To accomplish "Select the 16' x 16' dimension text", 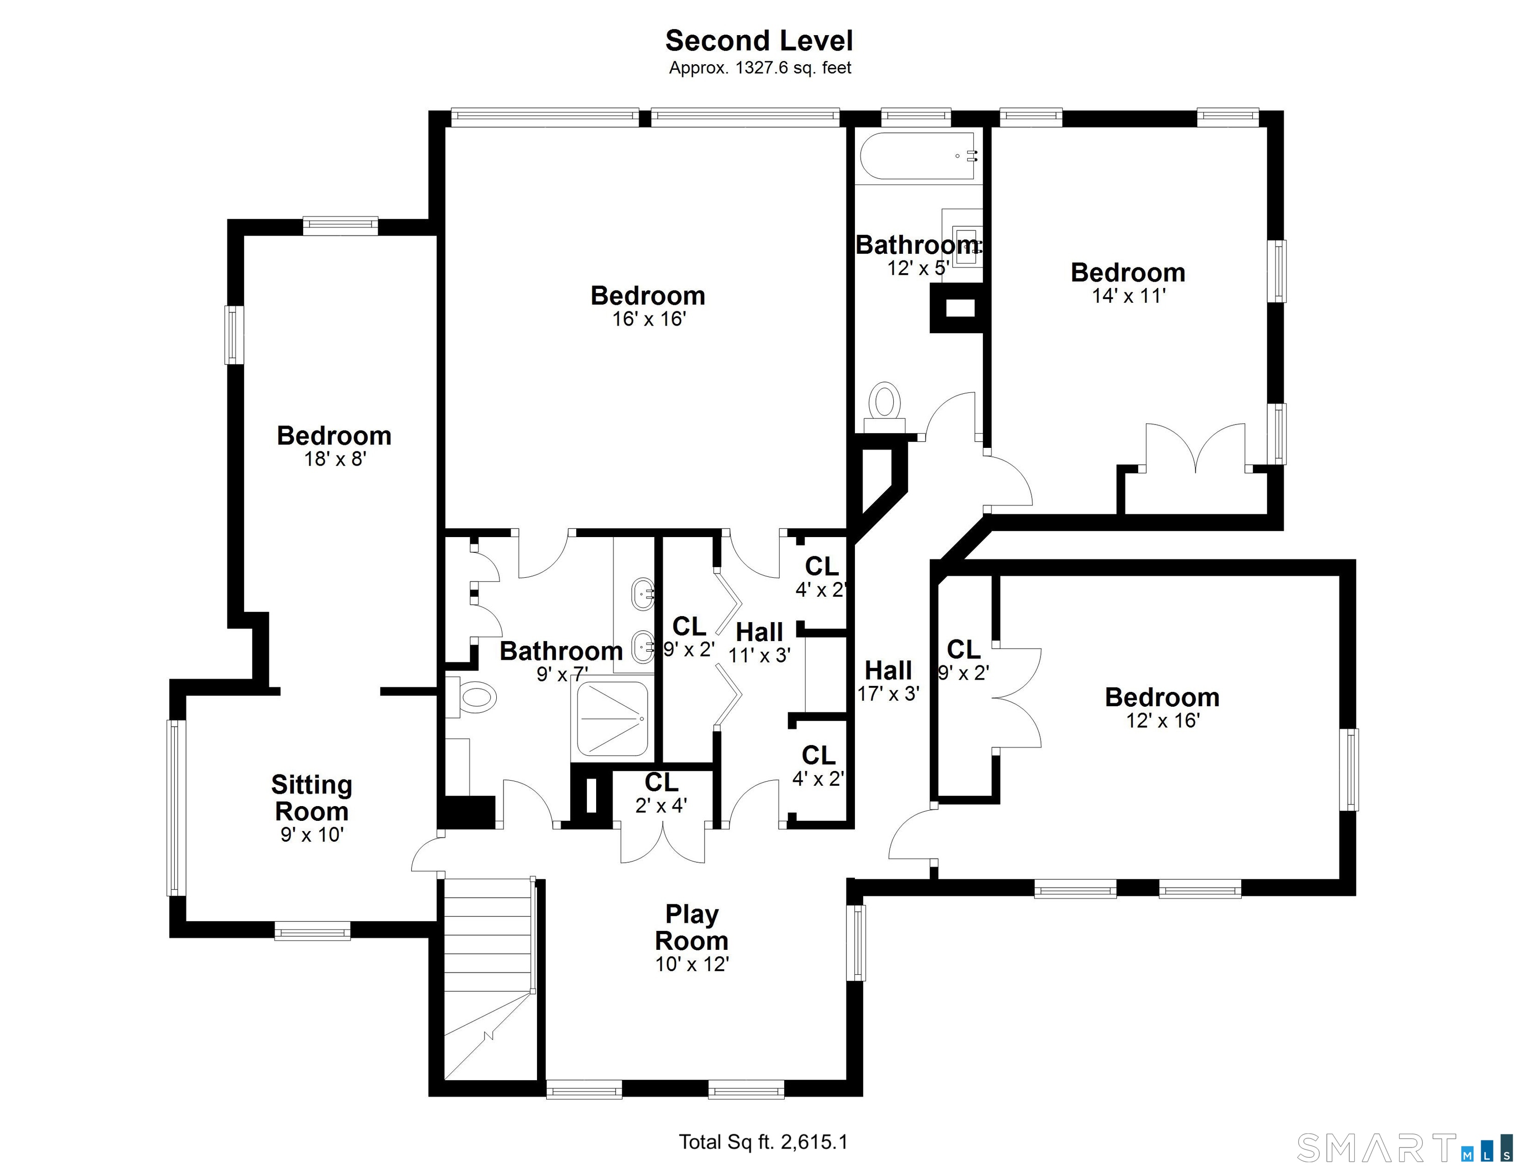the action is [x=649, y=319].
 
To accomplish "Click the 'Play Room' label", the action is [x=691, y=927].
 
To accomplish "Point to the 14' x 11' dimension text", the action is [x=1129, y=296].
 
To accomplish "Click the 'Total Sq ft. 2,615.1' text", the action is [x=763, y=1142].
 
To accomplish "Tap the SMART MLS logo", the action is [x=1404, y=1148].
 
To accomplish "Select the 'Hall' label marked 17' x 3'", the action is [x=888, y=671].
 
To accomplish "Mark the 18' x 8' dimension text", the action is [x=335, y=459].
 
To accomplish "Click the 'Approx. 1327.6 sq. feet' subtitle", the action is [x=760, y=68].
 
